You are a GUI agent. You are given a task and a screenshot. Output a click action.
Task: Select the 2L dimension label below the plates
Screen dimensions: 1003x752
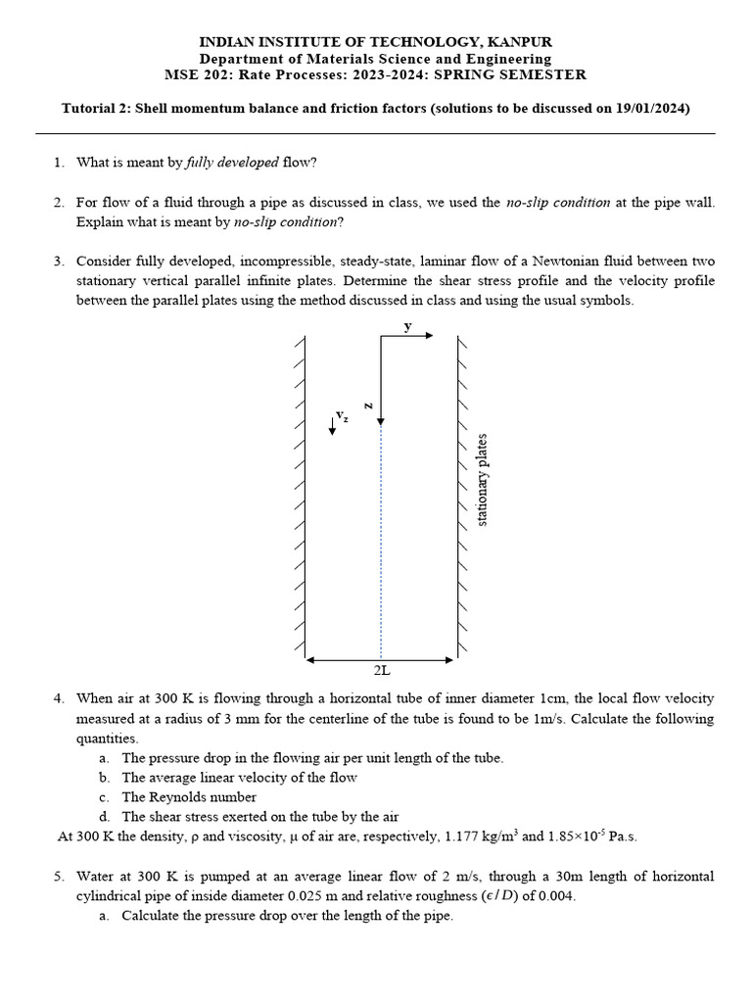coord(382,671)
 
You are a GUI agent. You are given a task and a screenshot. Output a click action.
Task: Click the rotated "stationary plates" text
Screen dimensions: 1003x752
coord(482,480)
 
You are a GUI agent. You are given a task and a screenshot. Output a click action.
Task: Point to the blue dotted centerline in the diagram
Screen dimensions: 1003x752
coord(381,539)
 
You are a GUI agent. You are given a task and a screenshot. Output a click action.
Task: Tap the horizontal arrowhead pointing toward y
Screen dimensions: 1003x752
coord(428,335)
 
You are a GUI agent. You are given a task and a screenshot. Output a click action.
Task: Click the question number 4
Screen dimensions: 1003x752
coord(59,698)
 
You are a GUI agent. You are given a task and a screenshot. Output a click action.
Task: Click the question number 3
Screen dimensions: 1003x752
coord(59,262)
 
